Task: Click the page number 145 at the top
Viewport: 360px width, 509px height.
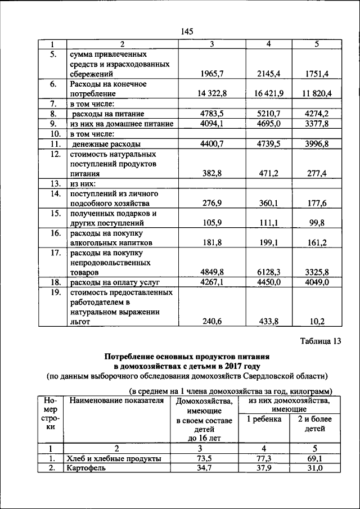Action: pos(187,31)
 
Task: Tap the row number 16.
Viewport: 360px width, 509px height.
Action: pos(55,233)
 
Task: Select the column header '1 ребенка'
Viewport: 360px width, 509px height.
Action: pos(265,419)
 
